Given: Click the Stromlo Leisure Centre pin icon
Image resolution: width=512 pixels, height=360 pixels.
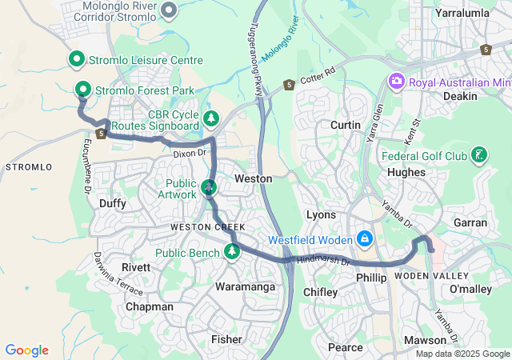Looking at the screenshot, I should [x=77, y=58].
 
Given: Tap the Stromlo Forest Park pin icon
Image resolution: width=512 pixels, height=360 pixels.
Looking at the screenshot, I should [x=82, y=89].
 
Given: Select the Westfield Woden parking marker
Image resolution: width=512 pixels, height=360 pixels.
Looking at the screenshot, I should [x=365, y=239].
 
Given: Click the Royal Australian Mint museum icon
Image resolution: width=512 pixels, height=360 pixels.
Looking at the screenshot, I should [x=395, y=82].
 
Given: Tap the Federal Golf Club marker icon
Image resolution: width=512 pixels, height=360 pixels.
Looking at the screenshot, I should [x=478, y=154].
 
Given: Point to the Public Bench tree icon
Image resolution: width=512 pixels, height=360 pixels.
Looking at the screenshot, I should [x=232, y=252].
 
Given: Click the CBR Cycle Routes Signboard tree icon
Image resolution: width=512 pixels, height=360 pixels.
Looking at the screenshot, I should [x=211, y=119].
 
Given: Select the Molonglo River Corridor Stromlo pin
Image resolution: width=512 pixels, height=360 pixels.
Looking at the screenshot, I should [x=169, y=10].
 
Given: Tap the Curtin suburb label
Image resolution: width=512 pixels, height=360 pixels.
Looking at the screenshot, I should [x=346, y=125].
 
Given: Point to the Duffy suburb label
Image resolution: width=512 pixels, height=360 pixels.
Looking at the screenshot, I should [x=113, y=203].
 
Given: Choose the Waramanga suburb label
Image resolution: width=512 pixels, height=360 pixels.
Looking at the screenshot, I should [x=245, y=286].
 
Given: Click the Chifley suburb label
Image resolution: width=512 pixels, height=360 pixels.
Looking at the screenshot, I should [x=320, y=292].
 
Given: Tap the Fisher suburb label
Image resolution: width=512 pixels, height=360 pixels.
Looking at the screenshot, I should [x=226, y=339].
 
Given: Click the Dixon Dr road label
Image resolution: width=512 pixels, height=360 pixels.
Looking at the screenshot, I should [x=190, y=151].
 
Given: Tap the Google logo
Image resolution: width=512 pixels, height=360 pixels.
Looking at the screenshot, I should [x=26, y=350].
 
